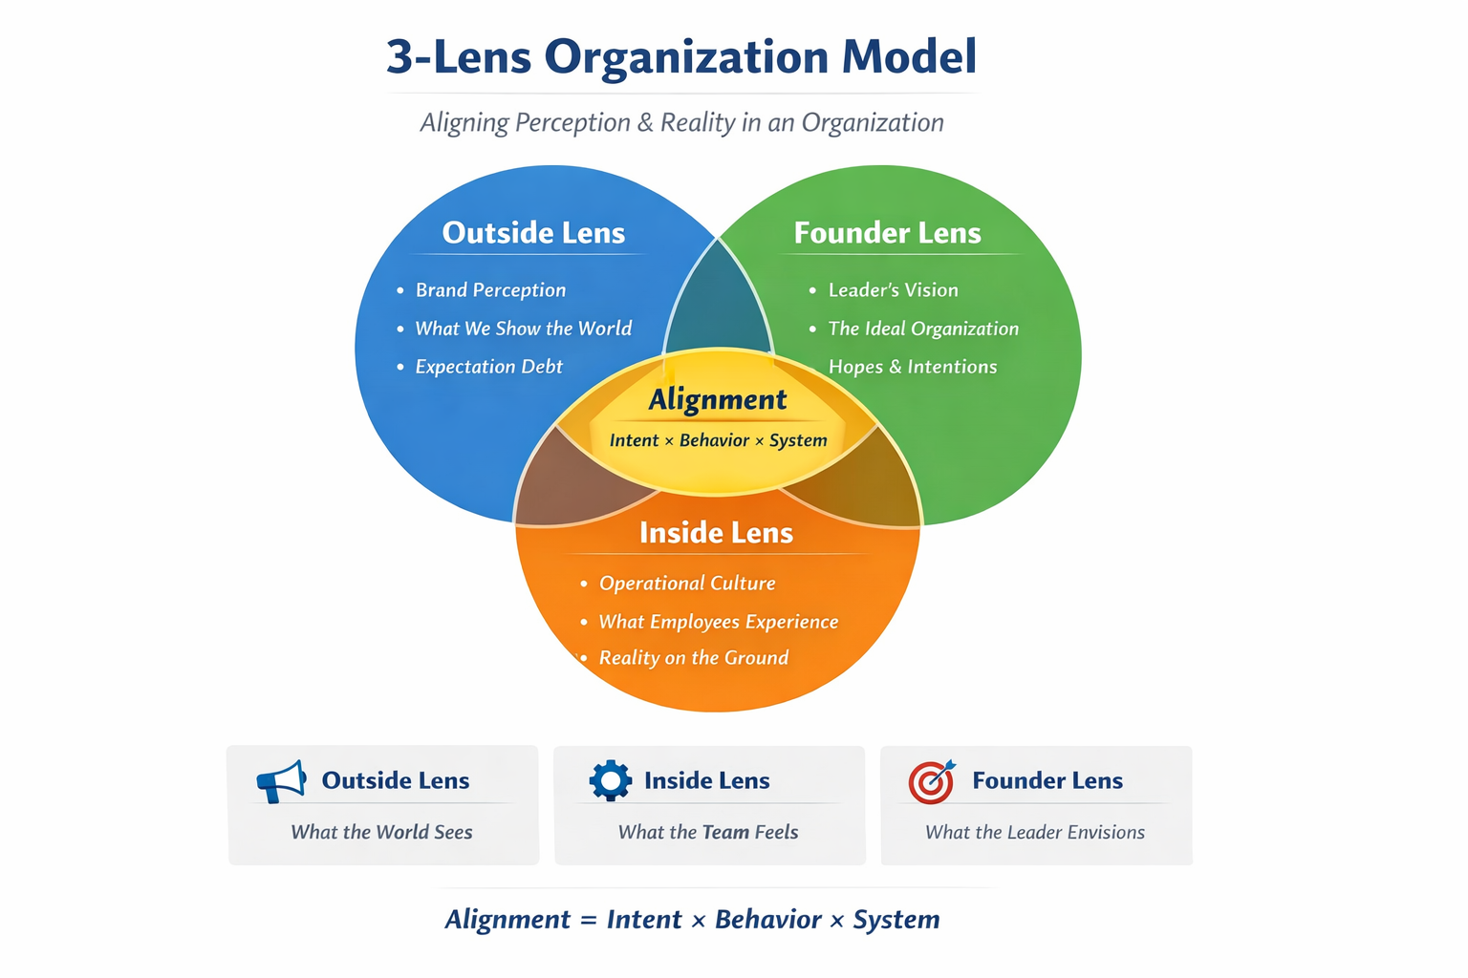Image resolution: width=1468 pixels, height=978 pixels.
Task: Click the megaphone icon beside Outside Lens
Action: click(x=281, y=781)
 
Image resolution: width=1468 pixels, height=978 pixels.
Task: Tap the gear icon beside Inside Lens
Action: click(x=610, y=780)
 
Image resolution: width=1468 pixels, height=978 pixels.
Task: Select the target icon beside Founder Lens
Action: click(x=931, y=782)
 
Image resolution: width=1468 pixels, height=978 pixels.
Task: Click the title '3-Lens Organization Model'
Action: click(x=681, y=56)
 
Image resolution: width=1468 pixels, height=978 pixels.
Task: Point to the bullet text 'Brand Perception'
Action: click(x=490, y=290)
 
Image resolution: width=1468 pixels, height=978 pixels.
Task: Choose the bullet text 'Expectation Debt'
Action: click(x=488, y=367)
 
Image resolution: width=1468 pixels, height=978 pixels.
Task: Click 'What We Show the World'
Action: click(x=523, y=329)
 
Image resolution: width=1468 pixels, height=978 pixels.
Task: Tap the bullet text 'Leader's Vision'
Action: click(x=893, y=290)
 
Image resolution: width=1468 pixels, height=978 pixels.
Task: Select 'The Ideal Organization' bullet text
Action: click(x=923, y=329)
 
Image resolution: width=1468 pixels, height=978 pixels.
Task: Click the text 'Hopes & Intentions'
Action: click(x=912, y=367)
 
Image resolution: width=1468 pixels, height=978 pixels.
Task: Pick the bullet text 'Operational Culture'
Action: click(x=687, y=584)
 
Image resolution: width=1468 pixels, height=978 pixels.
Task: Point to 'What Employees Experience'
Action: click(x=718, y=622)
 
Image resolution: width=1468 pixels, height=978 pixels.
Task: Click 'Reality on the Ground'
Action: click(x=693, y=658)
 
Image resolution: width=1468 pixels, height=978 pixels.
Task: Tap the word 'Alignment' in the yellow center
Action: click(x=718, y=399)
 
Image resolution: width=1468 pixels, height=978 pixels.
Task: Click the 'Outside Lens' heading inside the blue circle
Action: click(x=533, y=233)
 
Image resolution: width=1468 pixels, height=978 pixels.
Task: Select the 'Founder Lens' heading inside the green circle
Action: click(x=887, y=233)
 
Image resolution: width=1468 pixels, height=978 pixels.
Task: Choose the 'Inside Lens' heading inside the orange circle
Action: click(x=716, y=533)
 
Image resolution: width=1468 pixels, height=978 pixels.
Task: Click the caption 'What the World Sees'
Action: click(x=381, y=832)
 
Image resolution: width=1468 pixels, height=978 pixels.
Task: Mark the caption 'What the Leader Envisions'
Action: click(x=1034, y=832)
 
